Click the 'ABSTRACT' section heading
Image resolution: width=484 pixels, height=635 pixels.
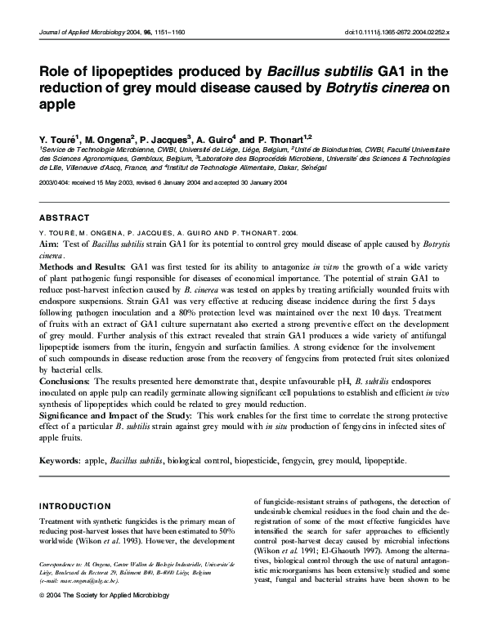tap(65, 219)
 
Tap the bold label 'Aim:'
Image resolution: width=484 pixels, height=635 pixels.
tap(50, 244)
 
